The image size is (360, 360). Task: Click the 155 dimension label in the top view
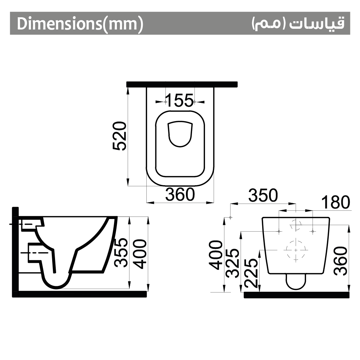click(x=179, y=100)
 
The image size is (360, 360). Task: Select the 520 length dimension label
click(x=120, y=136)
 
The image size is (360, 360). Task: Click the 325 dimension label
click(x=234, y=263)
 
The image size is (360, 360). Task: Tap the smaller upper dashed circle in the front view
click(x=296, y=225)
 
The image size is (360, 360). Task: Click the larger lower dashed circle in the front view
click(x=296, y=249)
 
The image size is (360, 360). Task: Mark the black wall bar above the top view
click(x=182, y=84)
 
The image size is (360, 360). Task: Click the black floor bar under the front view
click(x=297, y=295)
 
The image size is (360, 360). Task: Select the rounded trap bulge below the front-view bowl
click(x=296, y=282)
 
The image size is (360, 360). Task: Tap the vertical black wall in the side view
click(x=15, y=252)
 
